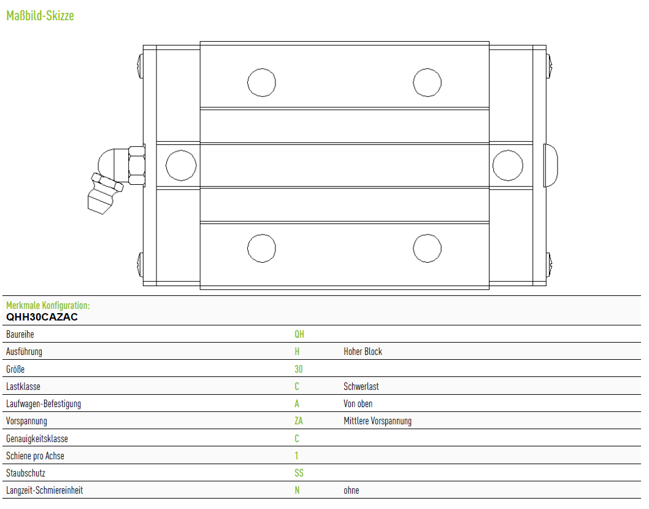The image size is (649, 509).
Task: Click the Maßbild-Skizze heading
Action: pyautogui.click(x=40, y=16)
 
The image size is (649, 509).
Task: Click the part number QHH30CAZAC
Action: pyautogui.click(x=42, y=317)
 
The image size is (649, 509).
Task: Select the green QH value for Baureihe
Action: pyautogui.click(x=299, y=334)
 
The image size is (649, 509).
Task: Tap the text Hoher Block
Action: pyautogui.click(x=363, y=352)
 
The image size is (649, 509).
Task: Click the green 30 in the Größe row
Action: pyautogui.click(x=298, y=369)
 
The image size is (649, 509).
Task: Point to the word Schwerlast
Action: pyautogui.click(x=361, y=386)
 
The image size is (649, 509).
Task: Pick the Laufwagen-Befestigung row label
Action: pyautogui.click(x=44, y=404)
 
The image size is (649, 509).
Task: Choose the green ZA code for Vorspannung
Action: pyautogui.click(x=299, y=421)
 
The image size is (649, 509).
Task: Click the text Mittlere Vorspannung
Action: pyautogui.click(x=377, y=421)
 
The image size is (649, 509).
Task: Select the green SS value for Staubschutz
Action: pyautogui.click(x=299, y=473)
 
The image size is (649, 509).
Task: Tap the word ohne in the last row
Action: pyautogui.click(x=351, y=491)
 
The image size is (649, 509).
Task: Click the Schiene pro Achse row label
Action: pyautogui.click(x=35, y=456)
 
